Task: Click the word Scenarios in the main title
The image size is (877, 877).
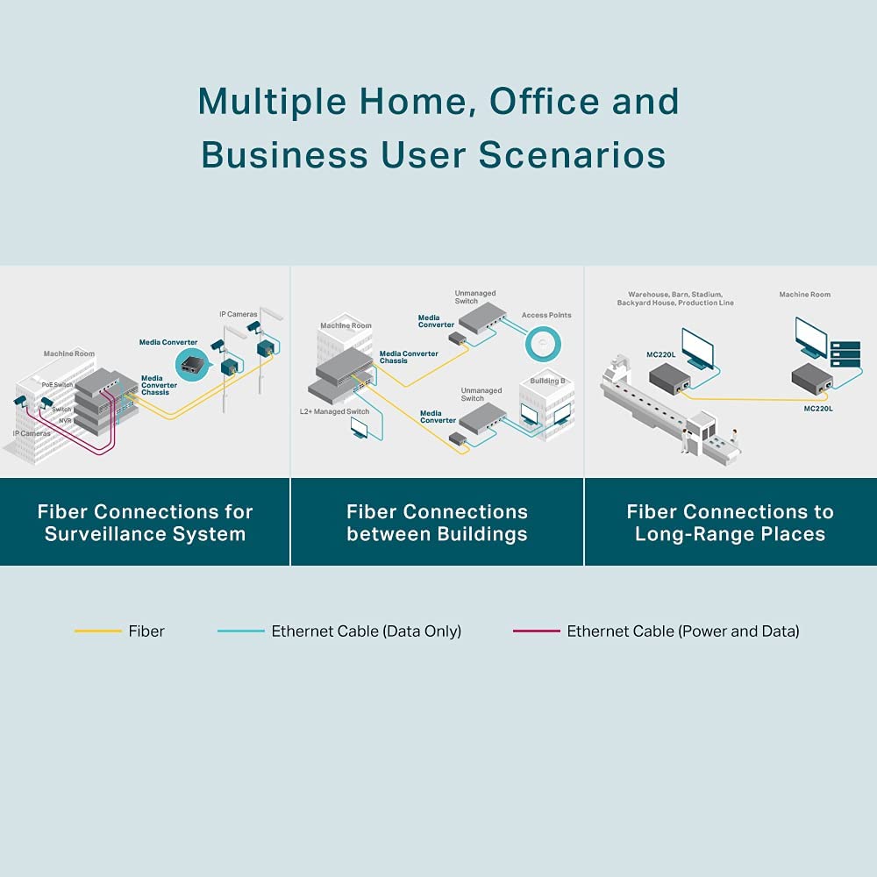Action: point(572,155)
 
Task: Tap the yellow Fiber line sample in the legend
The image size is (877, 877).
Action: point(97,631)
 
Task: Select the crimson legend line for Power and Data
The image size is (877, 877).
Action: point(536,631)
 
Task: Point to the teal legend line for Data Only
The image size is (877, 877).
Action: point(240,631)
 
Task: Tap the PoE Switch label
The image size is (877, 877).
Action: point(58,385)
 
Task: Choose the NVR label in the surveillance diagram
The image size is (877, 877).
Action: point(65,421)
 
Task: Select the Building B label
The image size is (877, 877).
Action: point(548,381)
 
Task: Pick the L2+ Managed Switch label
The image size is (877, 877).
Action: point(334,411)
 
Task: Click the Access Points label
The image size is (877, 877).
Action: point(546,316)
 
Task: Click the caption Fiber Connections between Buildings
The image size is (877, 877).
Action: point(437,523)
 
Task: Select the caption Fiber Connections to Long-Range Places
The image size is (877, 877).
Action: point(730,523)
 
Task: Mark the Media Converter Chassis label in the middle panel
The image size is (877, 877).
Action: point(409,357)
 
